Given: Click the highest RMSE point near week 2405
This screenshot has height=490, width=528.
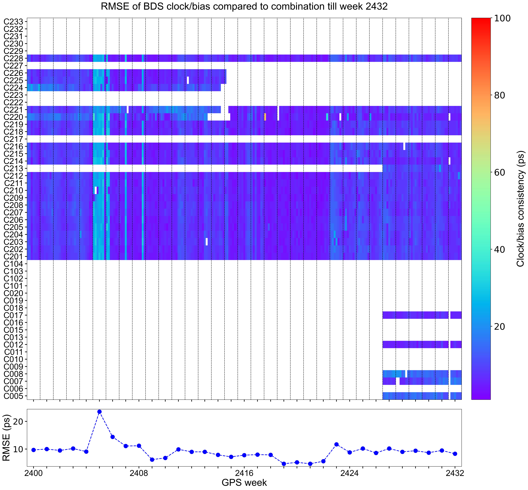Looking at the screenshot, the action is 100,412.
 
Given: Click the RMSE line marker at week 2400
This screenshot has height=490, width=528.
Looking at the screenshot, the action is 33,450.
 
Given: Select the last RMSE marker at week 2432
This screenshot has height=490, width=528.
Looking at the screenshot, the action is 455,454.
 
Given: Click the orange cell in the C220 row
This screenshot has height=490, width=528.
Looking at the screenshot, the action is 265,117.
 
